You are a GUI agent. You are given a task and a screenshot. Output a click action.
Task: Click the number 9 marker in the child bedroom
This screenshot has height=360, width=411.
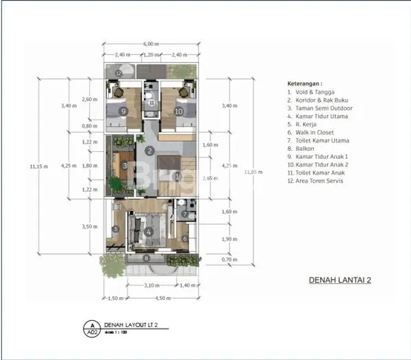click(123, 111)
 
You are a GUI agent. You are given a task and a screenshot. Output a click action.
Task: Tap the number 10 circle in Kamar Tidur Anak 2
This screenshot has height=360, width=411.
click(178, 111)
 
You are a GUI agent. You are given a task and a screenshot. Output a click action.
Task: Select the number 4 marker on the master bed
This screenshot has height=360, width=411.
click(150, 231)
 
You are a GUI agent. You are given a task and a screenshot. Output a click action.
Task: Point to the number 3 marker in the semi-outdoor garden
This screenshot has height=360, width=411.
click(124, 165)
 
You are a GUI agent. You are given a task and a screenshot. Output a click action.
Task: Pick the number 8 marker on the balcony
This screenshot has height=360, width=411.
click(145, 258)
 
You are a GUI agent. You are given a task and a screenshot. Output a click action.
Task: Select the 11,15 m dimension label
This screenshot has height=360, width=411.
click(38, 165)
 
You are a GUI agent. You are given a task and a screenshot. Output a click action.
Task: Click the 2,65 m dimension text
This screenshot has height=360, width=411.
click(210, 178)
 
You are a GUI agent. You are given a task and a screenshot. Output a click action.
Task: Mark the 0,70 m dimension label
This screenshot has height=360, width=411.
click(211, 261)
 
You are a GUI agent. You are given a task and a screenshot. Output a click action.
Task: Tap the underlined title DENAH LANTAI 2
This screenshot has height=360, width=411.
click(340, 279)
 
